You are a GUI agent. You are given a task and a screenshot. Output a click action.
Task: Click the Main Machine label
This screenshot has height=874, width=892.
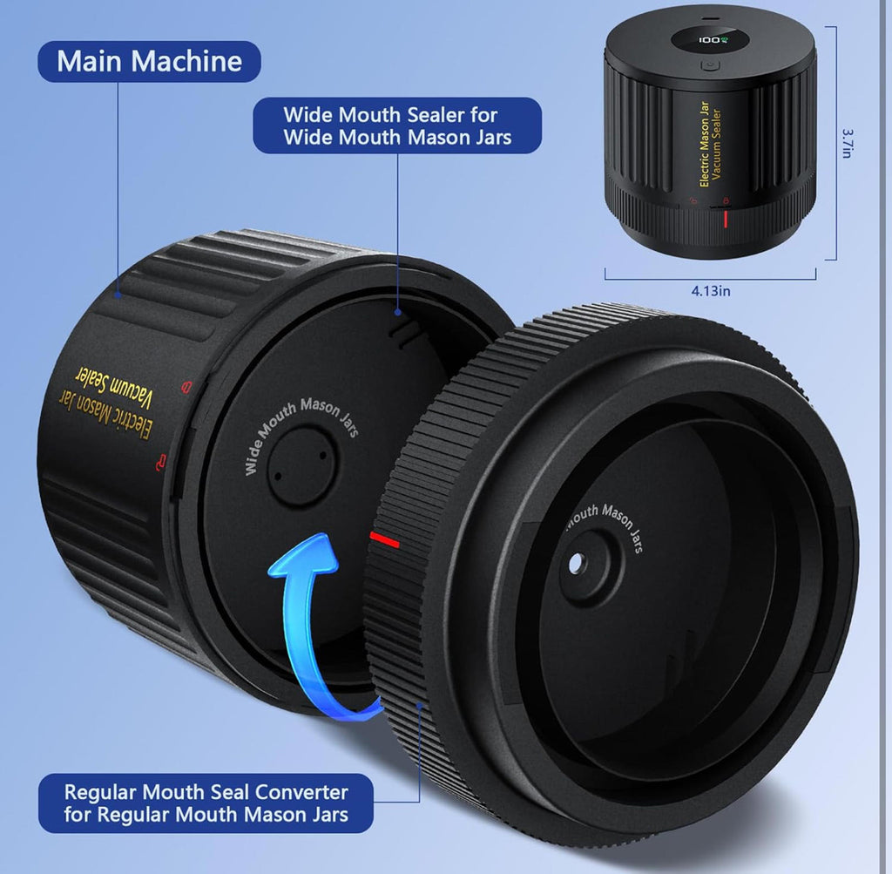tap(149, 62)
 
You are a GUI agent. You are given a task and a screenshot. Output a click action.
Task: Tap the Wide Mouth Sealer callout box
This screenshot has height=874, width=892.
tap(397, 125)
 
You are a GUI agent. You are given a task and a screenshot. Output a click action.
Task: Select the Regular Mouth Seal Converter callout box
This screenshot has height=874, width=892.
tap(206, 803)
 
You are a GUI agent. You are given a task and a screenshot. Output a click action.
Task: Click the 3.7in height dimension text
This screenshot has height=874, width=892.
tap(848, 143)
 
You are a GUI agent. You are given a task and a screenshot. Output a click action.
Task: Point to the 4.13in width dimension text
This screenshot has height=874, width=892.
tap(711, 291)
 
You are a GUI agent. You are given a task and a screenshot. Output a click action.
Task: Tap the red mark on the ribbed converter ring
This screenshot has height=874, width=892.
tap(384, 539)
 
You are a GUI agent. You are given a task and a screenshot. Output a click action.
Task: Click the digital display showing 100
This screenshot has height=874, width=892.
tap(709, 40)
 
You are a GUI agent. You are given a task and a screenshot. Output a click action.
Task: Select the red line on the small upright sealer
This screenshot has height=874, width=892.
tap(726, 219)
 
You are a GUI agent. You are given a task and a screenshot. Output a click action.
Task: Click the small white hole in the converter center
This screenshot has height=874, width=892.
tap(575, 563)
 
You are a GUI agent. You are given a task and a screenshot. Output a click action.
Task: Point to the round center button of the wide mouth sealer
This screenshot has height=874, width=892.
tap(301, 465)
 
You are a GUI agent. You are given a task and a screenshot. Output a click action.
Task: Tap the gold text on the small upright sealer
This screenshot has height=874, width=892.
tap(710, 145)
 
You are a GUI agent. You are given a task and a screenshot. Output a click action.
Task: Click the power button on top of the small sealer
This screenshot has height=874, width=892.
tap(709, 64)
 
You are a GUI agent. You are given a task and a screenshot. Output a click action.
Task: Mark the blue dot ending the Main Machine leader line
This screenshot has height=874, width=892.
tap(118, 295)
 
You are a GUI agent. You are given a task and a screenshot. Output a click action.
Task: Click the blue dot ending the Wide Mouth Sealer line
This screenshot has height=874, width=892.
tap(398, 312)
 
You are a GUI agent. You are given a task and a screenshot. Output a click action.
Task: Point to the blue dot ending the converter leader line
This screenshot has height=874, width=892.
tap(419, 706)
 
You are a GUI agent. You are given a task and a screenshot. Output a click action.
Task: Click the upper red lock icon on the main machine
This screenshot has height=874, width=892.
tap(186, 388)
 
